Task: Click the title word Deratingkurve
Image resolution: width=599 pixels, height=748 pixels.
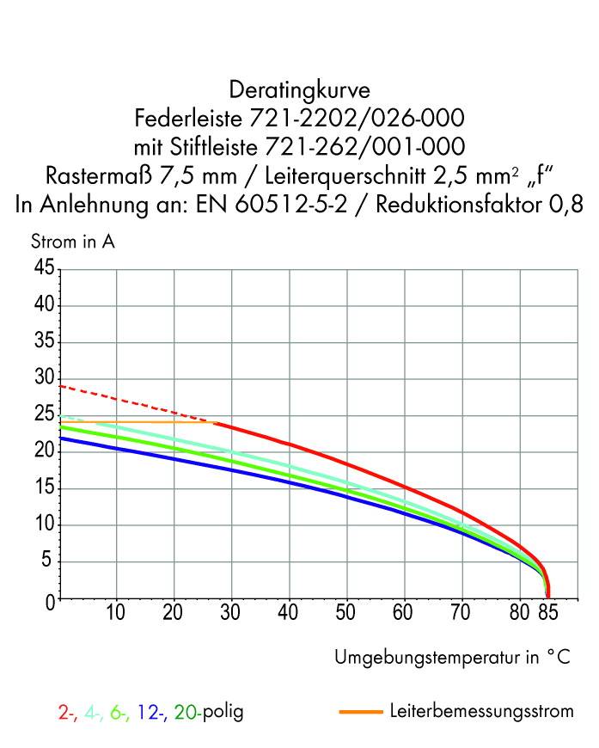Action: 299,89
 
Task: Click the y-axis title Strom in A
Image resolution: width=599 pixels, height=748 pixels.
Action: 72,242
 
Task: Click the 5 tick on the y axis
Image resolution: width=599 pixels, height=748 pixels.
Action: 49,562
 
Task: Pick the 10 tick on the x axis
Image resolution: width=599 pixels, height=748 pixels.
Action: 116,613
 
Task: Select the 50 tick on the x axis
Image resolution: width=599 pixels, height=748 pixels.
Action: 346,613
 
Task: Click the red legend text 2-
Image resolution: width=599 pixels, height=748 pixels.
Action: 67,713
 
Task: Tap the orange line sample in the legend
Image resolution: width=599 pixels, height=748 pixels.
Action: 360,713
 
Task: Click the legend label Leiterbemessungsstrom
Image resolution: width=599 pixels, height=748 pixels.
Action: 480,713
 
